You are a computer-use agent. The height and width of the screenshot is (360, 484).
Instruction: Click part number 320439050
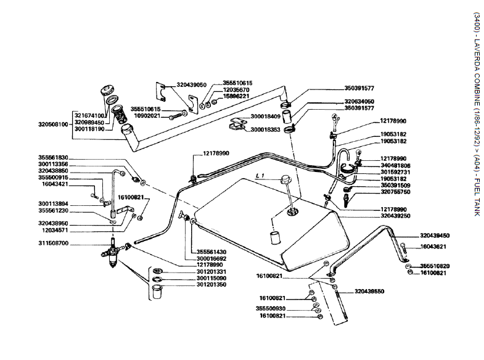191,84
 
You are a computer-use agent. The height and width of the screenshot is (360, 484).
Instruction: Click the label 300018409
266,115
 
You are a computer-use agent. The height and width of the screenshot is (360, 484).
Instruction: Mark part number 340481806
396,165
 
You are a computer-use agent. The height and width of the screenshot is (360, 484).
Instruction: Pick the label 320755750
396,192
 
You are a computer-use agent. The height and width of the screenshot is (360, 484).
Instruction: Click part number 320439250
396,216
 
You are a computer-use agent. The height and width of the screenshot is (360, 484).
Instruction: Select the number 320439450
435,235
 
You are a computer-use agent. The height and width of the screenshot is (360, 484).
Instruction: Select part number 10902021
147,116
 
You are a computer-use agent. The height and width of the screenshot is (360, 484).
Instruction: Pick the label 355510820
435,266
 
